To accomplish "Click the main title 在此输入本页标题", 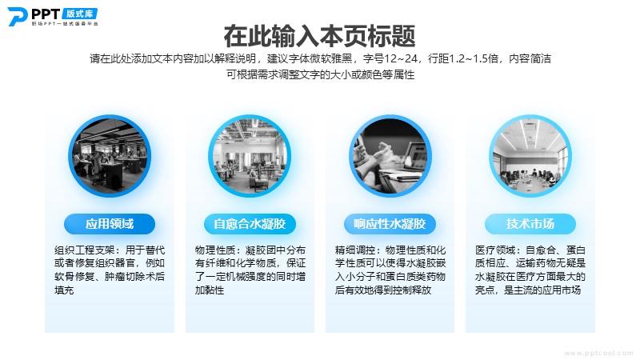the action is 319,36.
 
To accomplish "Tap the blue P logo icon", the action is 18,17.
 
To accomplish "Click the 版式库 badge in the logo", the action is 80,14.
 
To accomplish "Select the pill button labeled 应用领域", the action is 110,224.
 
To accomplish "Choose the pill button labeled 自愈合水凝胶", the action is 250,224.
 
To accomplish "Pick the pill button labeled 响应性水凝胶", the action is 390,224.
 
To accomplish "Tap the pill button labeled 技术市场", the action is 530,224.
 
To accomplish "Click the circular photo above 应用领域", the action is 110,156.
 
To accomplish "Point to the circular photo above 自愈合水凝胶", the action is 250,156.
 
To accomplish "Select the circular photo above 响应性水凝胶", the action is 390,156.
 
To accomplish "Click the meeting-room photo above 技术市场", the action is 530,156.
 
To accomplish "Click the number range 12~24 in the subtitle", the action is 401,58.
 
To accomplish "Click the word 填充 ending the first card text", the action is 65,290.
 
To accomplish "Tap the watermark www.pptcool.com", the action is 598,354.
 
